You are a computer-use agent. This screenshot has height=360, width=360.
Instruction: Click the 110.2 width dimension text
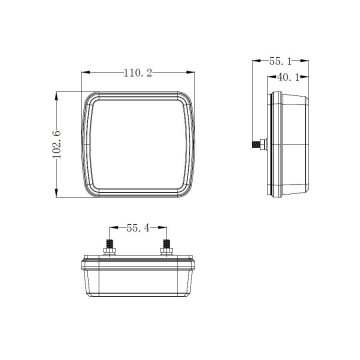137,73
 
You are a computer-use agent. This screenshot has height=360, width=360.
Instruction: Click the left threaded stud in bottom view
107,243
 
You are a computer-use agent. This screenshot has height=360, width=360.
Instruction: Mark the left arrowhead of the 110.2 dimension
82,73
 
